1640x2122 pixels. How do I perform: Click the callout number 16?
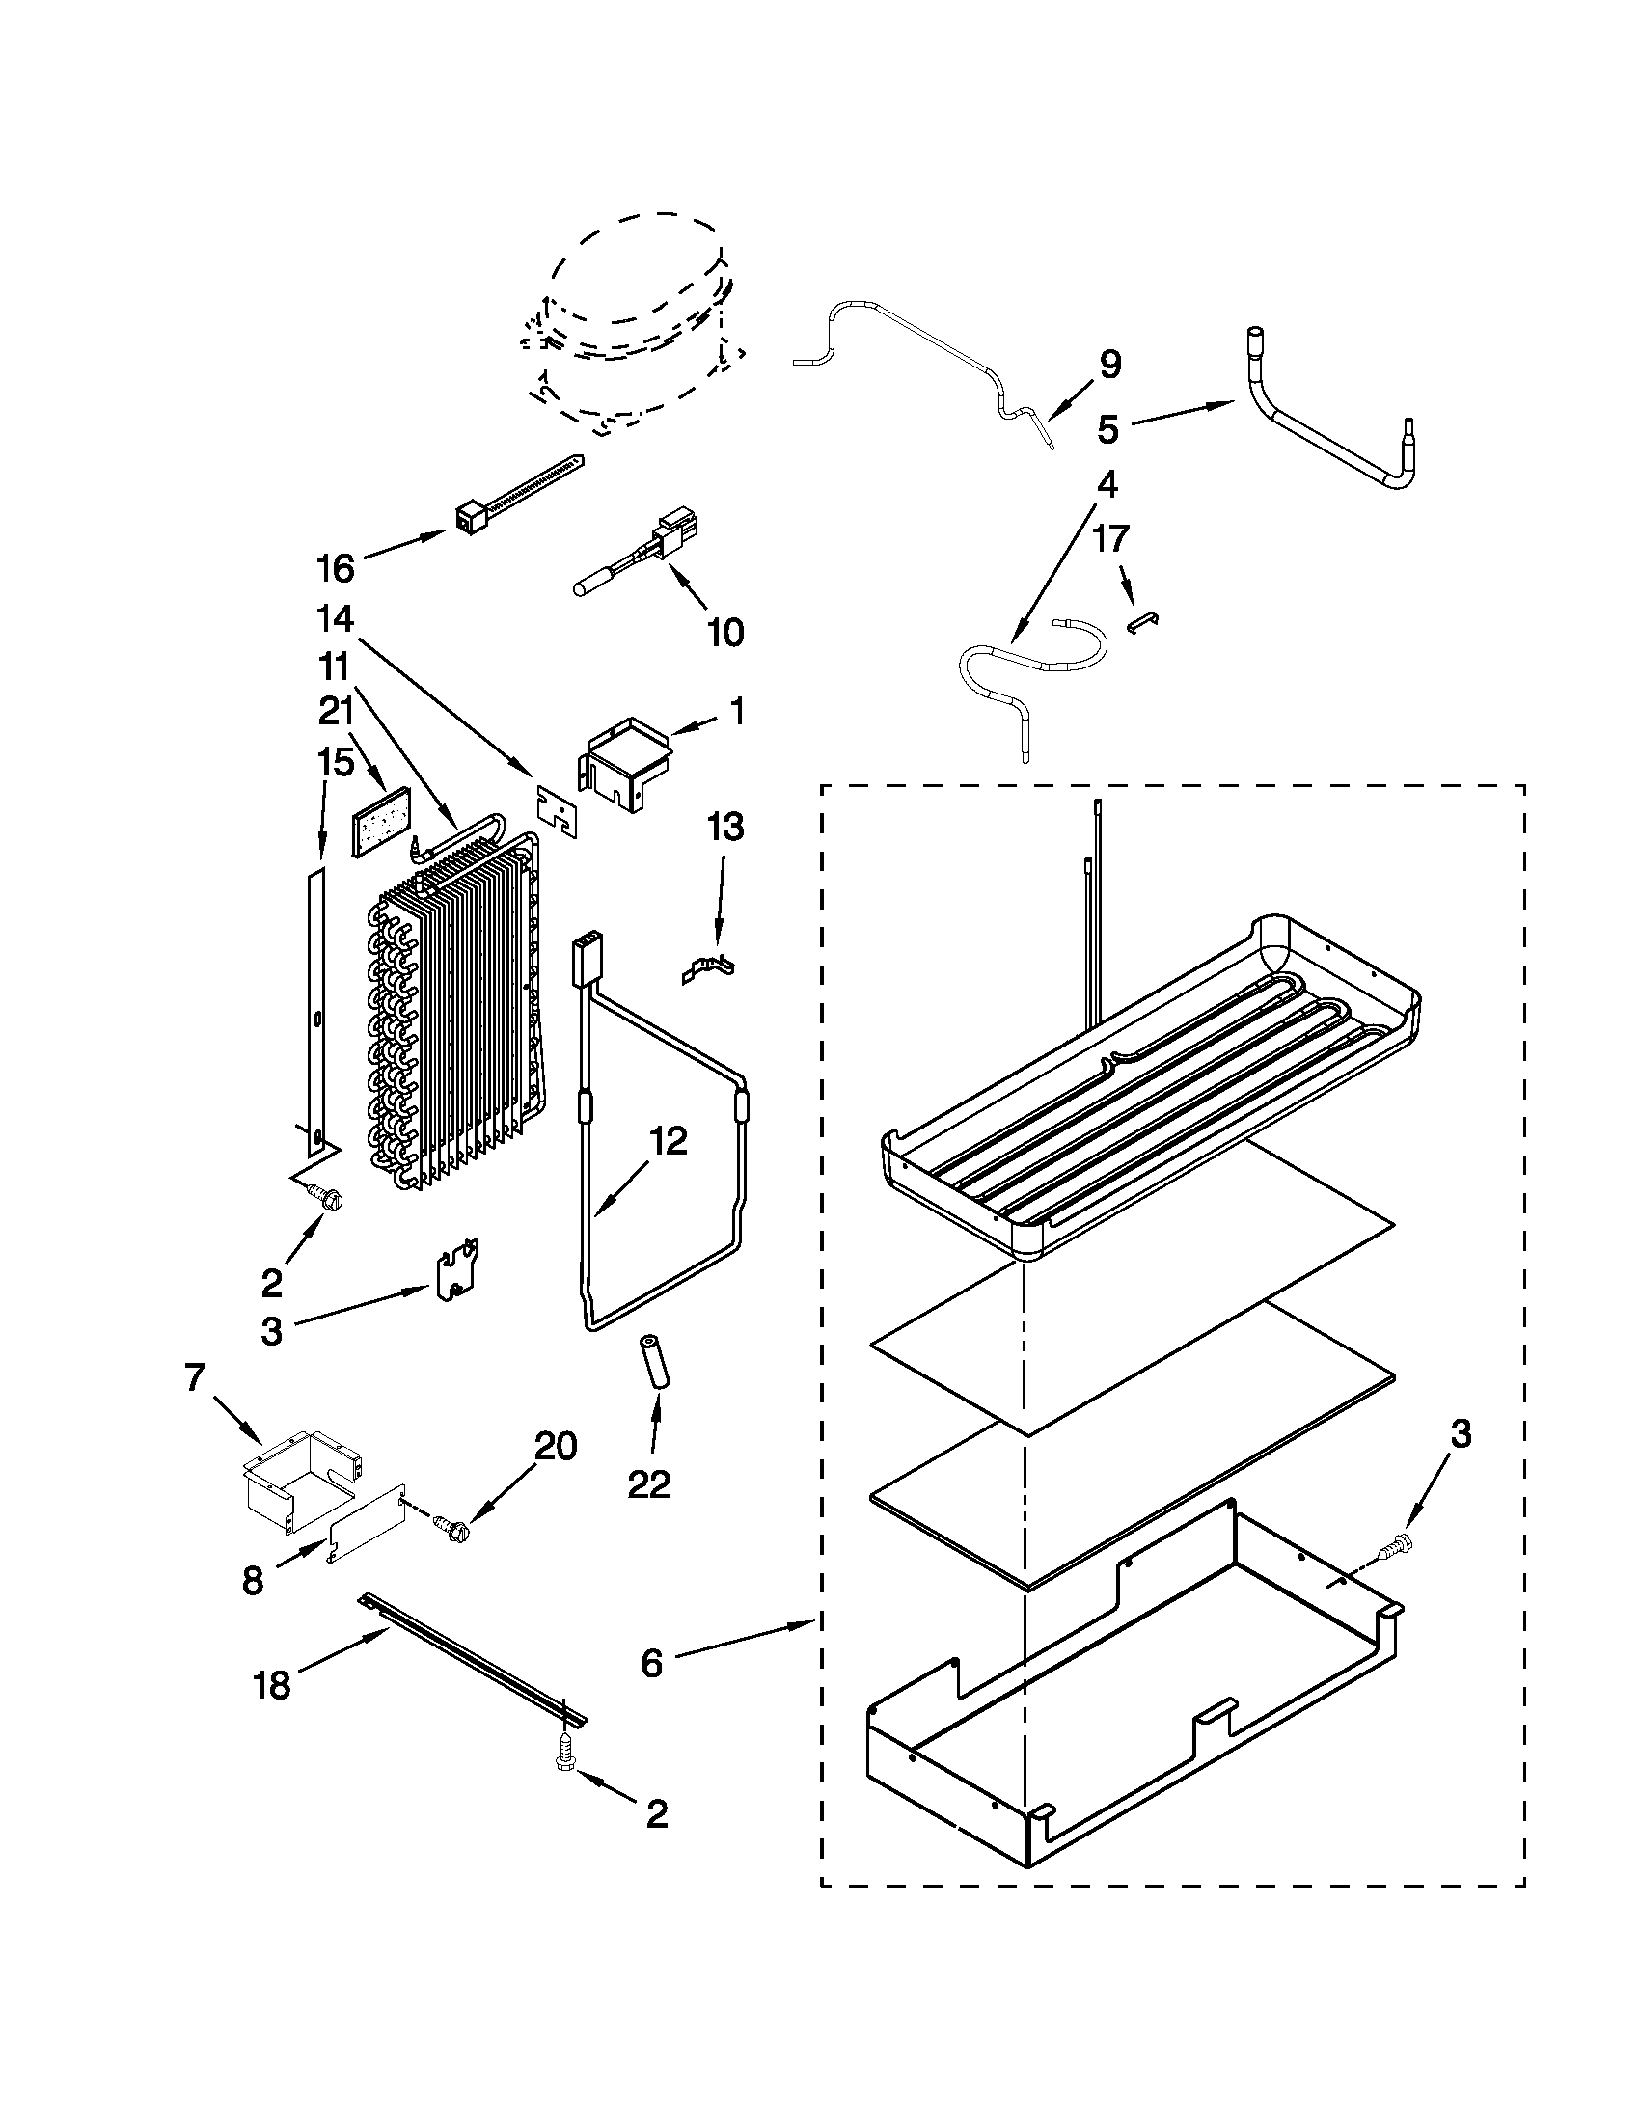336,568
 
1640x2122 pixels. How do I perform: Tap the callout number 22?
648,1483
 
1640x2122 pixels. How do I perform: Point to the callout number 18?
273,1686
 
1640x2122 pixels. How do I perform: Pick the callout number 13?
724,828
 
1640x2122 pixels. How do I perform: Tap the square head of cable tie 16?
470,519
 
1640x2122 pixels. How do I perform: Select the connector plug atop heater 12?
587,952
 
